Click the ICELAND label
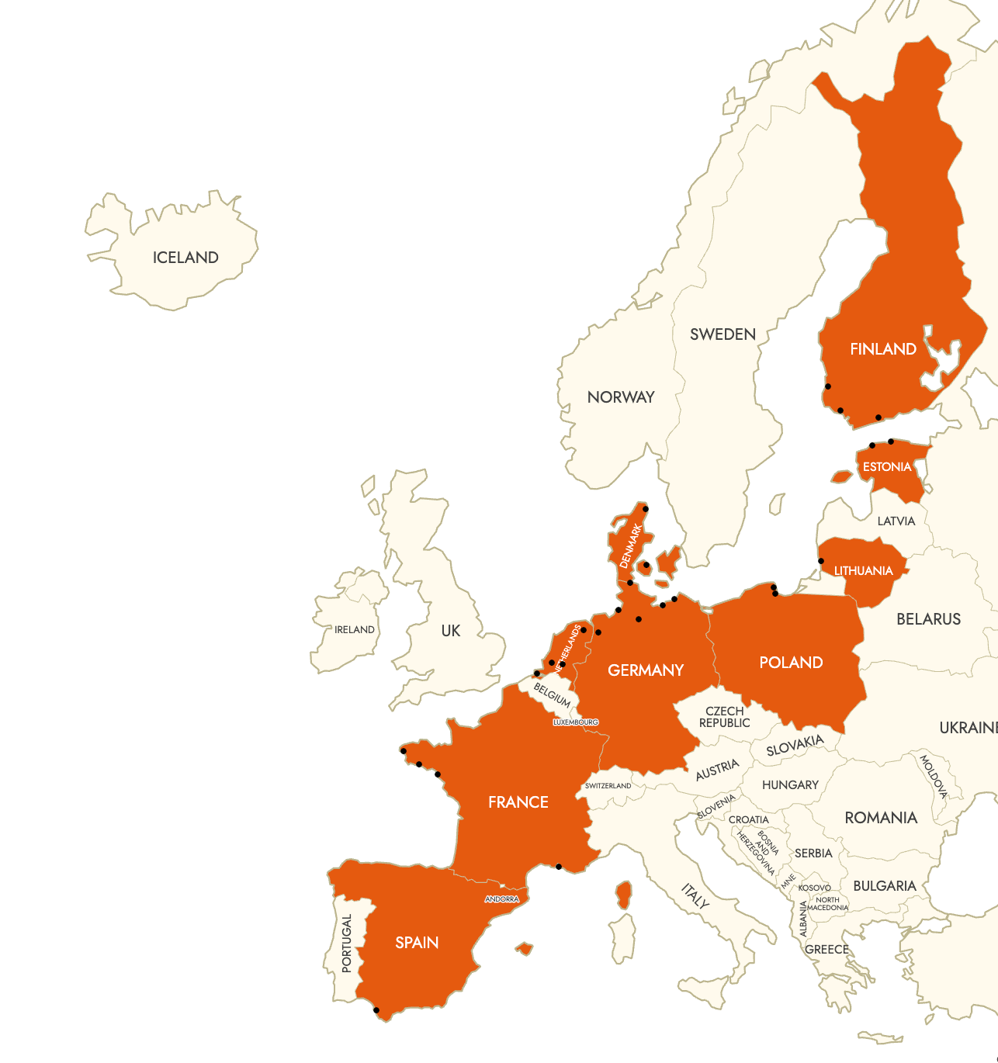185,258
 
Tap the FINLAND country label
883,349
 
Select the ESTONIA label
887,467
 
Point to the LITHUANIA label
863,571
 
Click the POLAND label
791,663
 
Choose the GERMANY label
646,670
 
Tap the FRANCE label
518,802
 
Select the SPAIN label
417,943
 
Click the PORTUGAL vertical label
347,944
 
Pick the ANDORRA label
502,899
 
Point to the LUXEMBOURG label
576,722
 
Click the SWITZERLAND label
608,786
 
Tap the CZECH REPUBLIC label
724,717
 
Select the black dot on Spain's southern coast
376,1010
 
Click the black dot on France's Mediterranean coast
559,867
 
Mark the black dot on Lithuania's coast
821,561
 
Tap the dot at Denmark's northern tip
646,509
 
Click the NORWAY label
621,397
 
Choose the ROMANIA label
881,818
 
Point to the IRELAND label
355,630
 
